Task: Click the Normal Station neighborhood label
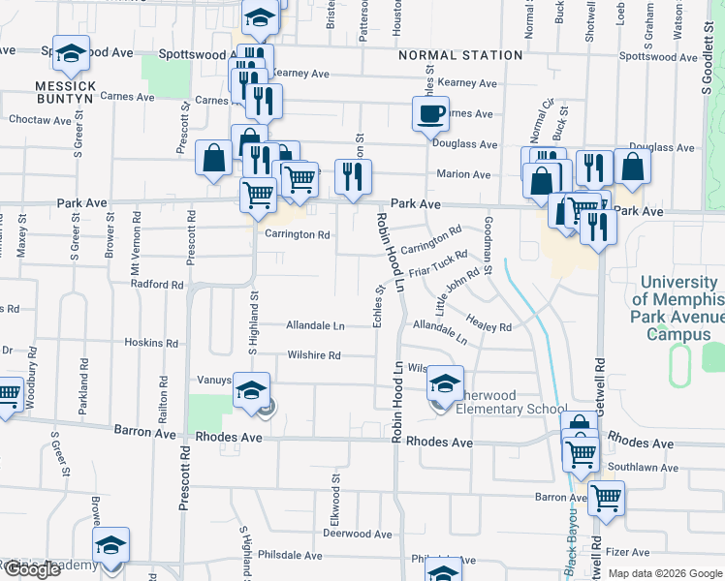point(460,55)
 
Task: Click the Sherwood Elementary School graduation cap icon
point(445,384)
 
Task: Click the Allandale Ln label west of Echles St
point(315,326)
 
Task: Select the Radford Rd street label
point(158,286)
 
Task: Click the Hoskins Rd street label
point(151,343)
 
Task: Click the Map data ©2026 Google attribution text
point(664,572)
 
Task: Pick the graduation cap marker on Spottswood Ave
point(70,55)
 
